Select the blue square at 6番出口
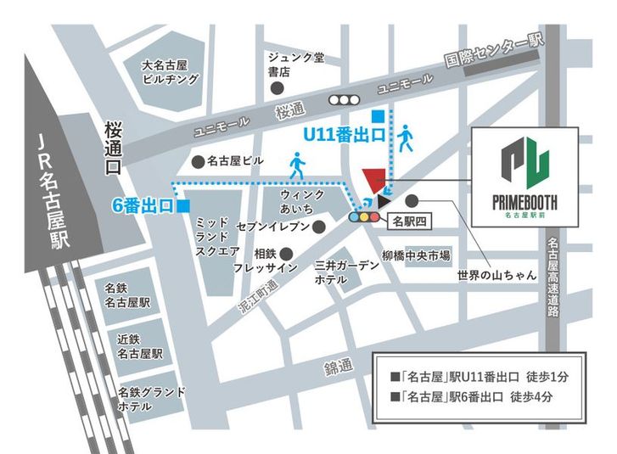pos(184,206)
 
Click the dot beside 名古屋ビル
pos(197,160)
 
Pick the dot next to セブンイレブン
pos(318,227)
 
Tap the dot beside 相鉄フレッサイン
pos(286,253)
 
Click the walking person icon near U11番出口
pos(405,137)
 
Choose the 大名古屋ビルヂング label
pos(170,72)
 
